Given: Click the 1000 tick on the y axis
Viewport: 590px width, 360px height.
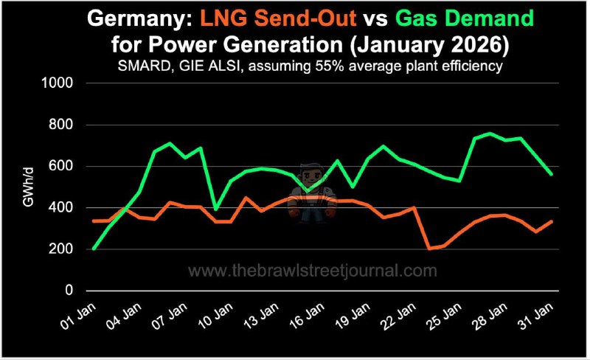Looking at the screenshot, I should (x=65, y=83).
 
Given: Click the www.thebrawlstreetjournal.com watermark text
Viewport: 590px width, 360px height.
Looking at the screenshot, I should (x=313, y=271).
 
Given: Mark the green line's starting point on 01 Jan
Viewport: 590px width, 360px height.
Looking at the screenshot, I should (x=94, y=249).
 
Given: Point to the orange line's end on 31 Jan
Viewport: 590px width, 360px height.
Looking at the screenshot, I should (x=552, y=221).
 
